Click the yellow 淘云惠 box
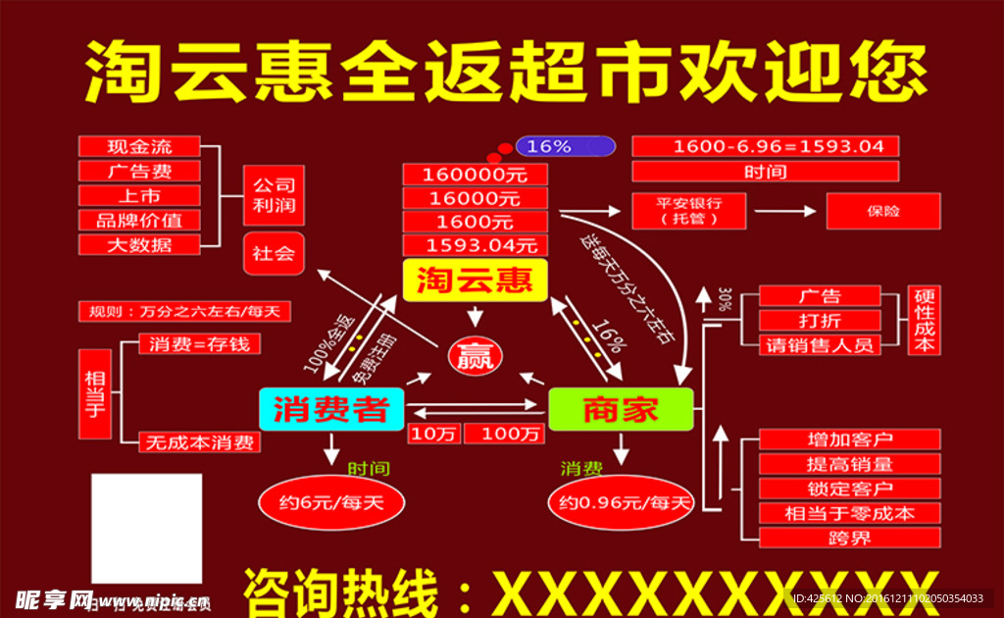coord(475,282)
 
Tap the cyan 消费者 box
coord(331,408)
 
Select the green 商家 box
coord(620,409)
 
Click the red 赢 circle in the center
coord(475,355)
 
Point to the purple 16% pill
coord(566,146)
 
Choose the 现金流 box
coord(139,146)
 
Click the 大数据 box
coord(139,244)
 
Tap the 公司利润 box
coord(274,195)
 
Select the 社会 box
coord(274,253)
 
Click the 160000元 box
coord(475,174)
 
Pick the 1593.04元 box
coord(475,244)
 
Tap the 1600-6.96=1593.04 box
coord(765,146)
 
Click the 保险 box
coord(883,211)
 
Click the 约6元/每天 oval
coord(330,503)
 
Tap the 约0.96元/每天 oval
coord(620,503)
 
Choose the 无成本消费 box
coord(199,442)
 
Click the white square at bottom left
coord(146,529)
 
